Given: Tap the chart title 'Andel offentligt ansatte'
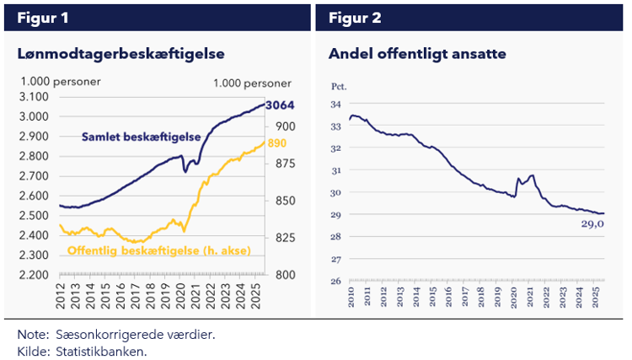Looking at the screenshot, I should (x=416, y=54).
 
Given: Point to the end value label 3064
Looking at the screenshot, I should (x=279, y=106).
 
